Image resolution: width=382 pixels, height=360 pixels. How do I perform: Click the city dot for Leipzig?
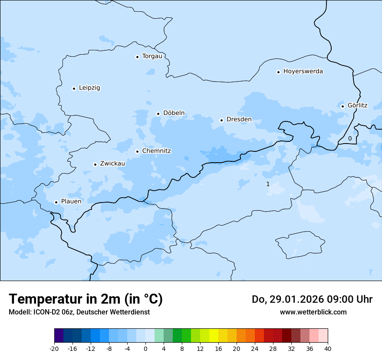[x=74, y=88]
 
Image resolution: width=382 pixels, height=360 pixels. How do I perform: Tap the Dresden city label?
[x=239, y=119]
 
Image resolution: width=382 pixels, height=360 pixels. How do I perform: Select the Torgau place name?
[x=152, y=56]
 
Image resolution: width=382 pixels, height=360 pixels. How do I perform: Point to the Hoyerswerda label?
[x=303, y=71]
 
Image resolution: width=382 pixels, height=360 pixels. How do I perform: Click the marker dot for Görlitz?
[x=342, y=106]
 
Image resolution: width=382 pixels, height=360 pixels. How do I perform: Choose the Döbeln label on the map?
[x=174, y=113]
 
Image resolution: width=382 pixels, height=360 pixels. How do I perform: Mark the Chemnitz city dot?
[x=137, y=151]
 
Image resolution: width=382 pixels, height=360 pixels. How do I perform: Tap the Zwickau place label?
[x=112, y=164]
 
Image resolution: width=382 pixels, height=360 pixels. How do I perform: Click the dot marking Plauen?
[x=56, y=202]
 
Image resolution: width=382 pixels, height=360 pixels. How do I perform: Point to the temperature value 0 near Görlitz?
[x=350, y=138]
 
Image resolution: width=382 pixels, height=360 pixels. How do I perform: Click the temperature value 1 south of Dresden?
[x=267, y=184]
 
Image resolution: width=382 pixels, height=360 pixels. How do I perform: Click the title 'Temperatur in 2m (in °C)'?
[x=86, y=299]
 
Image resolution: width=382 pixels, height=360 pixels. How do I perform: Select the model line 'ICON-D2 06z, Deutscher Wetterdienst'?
[x=79, y=312]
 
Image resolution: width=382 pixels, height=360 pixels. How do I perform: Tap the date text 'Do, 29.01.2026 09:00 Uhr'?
[x=312, y=299]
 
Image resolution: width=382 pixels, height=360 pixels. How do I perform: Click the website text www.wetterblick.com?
[x=313, y=312]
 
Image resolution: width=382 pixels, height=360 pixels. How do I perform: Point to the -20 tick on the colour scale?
[x=54, y=348]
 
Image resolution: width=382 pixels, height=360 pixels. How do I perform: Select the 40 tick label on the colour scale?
[x=328, y=348]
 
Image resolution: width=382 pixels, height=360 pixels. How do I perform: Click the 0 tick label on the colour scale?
[x=145, y=348]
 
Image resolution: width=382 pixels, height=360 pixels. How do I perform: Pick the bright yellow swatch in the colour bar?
[x=214, y=336]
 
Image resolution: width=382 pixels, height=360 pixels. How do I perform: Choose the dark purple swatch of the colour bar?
[x=59, y=336]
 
